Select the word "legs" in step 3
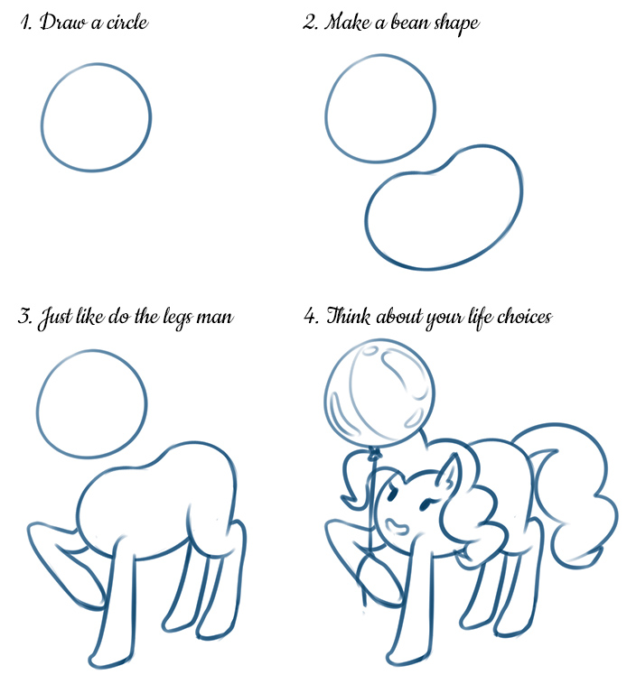tap(176, 318)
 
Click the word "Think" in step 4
tap(349, 316)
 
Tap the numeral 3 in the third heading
tap(24, 316)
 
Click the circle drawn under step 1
tap(42, 118)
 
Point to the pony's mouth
tap(397, 525)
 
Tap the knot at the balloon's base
tap(374, 456)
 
